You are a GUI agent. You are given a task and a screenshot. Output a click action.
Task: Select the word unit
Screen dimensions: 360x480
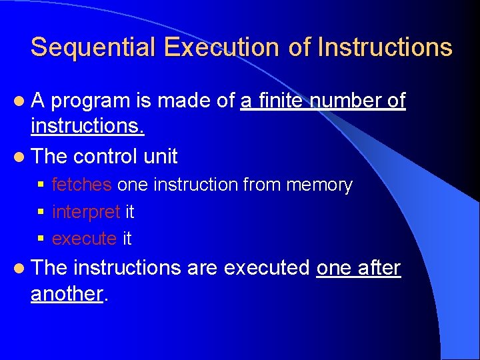(161, 157)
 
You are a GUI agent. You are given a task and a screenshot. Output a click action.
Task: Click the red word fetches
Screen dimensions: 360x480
(81, 185)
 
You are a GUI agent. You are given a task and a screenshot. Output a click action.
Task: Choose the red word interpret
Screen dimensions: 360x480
(86, 212)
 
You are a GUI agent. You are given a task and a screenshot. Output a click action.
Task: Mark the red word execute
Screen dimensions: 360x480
(84, 238)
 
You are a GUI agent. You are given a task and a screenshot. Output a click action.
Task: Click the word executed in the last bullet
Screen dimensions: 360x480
(267, 268)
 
